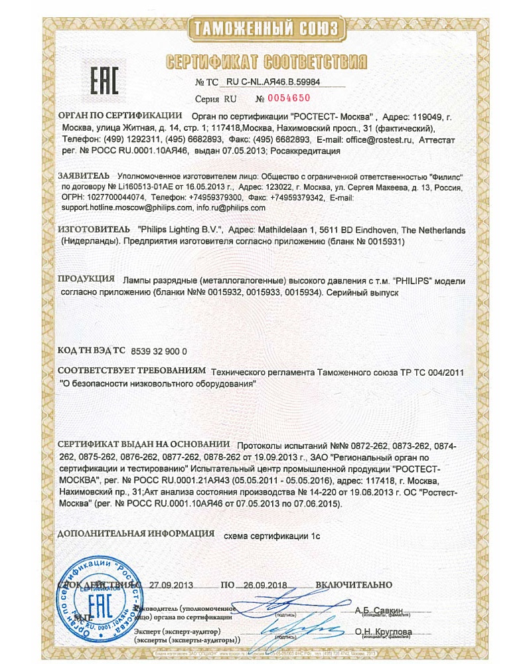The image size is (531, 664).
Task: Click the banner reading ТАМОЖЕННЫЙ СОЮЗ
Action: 265,28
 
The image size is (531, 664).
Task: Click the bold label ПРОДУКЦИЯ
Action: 84,280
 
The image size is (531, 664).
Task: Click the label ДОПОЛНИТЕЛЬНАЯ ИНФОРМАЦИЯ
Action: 136,533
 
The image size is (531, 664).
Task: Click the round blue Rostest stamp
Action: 100,608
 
